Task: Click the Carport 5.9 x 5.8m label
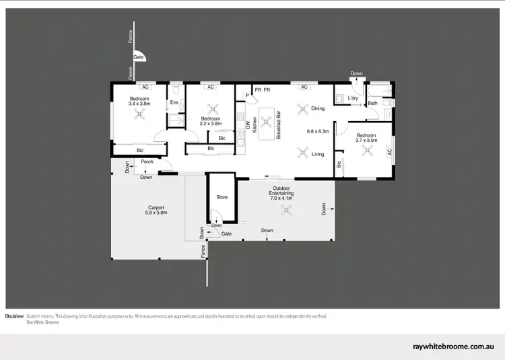156,210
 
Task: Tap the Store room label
222,197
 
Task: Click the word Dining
318,108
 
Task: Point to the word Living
318,154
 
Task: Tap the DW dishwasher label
248,124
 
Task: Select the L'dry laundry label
353,99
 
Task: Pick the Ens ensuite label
173,102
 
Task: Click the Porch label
147,161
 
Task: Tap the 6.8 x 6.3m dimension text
317,131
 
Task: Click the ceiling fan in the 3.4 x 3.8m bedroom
140,115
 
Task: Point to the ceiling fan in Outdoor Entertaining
287,211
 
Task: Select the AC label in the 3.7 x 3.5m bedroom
389,153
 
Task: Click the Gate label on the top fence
138,58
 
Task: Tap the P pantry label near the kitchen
247,96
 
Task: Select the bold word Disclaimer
15,316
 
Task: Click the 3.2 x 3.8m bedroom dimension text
211,123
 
